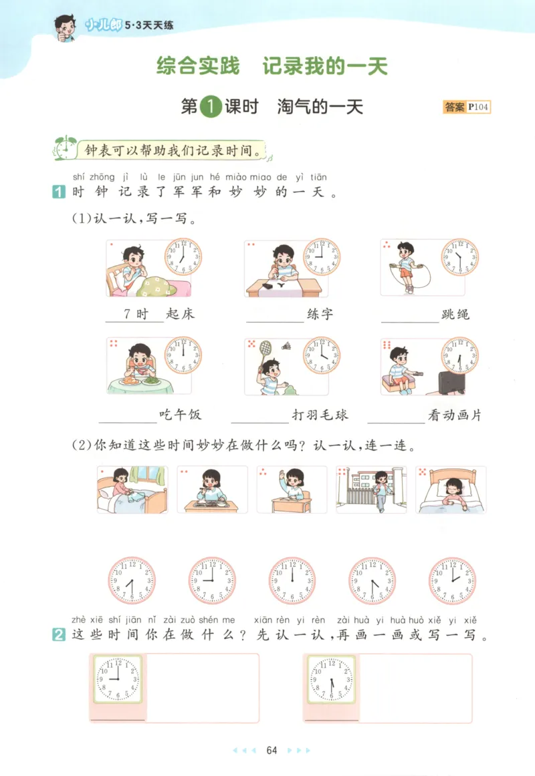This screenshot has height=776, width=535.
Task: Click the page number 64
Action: pyautogui.click(x=272, y=750)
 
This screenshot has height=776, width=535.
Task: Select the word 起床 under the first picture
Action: pyautogui.click(x=181, y=314)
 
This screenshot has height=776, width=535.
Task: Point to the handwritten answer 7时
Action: pyautogui.click(x=136, y=314)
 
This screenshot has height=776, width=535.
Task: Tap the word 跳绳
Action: pyautogui.click(x=455, y=314)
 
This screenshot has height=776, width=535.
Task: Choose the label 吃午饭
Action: pyautogui.click(x=180, y=415)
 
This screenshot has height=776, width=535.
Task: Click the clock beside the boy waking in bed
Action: pyautogui.click(x=183, y=257)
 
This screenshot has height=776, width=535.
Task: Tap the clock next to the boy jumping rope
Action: pyautogui.click(x=459, y=257)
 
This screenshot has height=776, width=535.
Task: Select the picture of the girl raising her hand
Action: pyautogui.click(x=292, y=490)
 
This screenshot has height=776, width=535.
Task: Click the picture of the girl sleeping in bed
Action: pyautogui.click(x=451, y=490)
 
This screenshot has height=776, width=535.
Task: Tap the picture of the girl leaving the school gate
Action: pyautogui.click(x=371, y=490)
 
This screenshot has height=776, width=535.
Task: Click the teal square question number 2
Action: pyautogui.click(x=58, y=635)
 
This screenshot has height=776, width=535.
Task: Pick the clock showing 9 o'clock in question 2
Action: pyautogui.click(x=118, y=679)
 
